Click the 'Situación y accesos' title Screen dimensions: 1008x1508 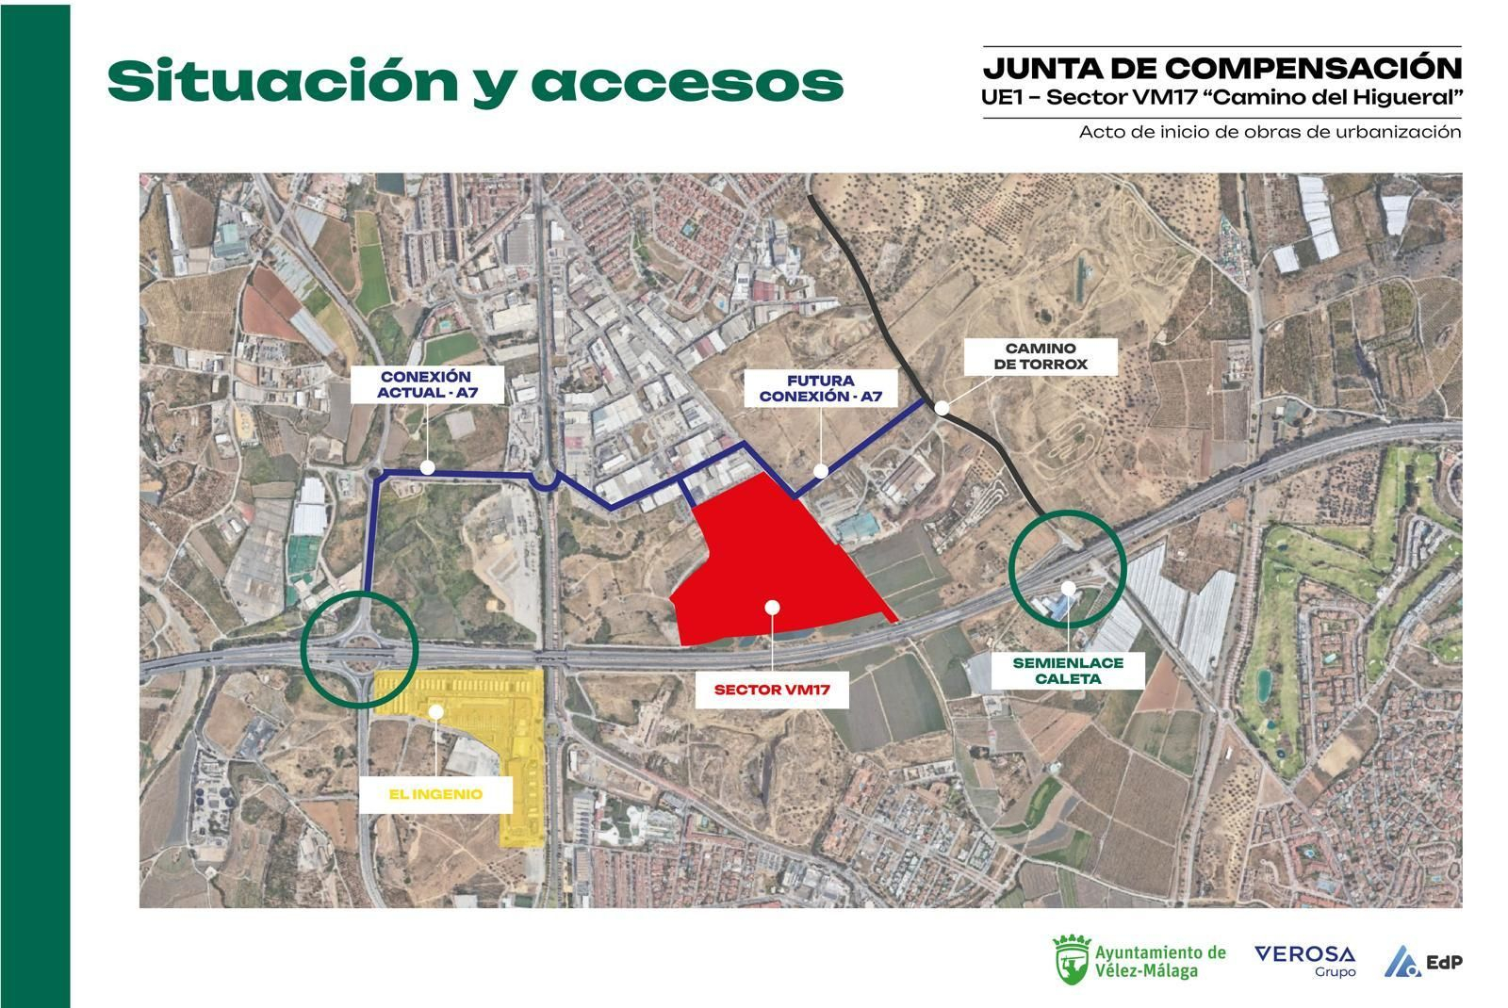pyautogui.click(x=474, y=82)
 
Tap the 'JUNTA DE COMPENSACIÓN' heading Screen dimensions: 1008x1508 pyautogui.click(x=1221, y=68)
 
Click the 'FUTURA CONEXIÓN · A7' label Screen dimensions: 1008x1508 pyautogui.click(x=820, y=388)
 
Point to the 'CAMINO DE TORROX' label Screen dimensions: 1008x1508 pyautogui.click(x=1040, y=356)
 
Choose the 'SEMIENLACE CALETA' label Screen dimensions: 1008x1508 pyautogui.click(x=1067, y=670)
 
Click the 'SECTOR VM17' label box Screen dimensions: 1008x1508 pyautogui.click(x=771, y=689)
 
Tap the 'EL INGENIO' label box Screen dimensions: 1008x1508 pyautogui.click(x=434, y=794)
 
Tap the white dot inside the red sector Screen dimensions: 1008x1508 pyautogui.click(x=772, y=607)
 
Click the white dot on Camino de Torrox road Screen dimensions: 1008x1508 pyautogui.click(x=941, y=408)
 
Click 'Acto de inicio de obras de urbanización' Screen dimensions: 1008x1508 pyautogui.click(x=1270, y=132)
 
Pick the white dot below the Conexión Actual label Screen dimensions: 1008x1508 pyautogui.click(x=427, y=467)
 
